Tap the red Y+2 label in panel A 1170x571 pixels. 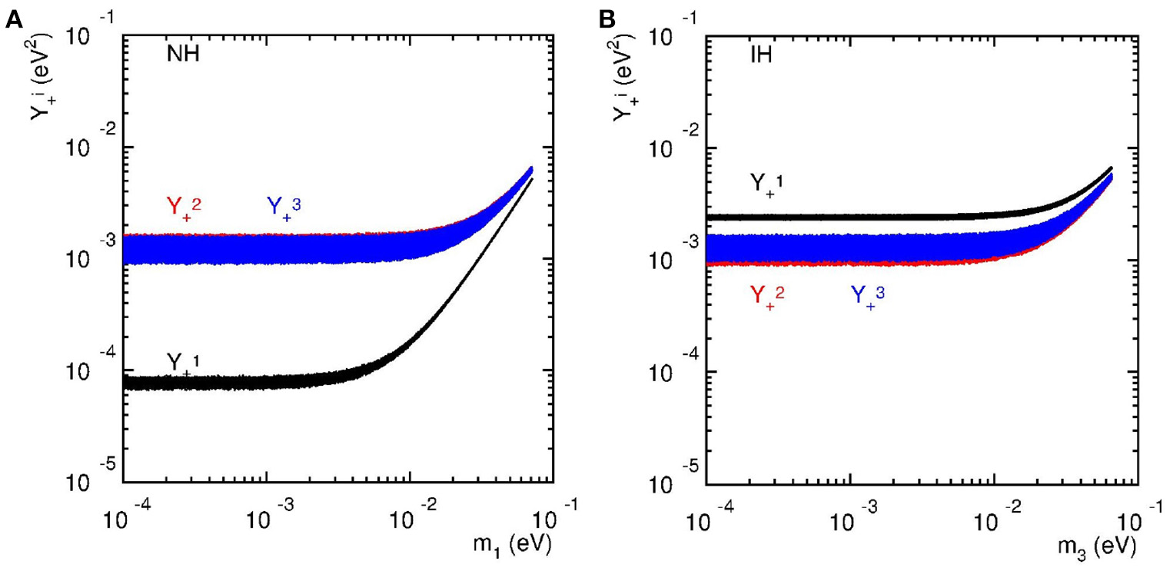(x=184, y=206)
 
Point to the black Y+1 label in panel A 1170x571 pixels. (x=183, y=361)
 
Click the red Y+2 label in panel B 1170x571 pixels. (x=766, y=295)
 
